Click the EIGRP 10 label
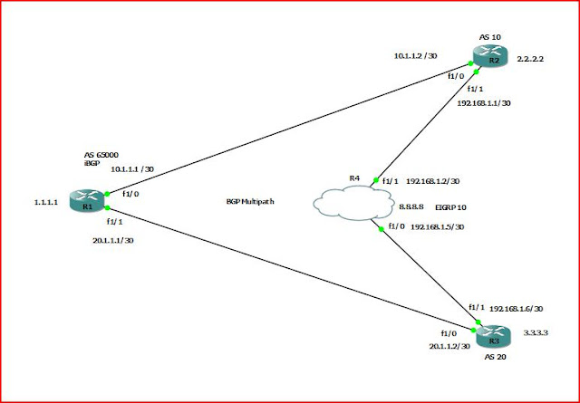click(x=450, y=207)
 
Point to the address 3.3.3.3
click(x=536, y=332)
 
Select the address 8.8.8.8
click(x=415, y=207)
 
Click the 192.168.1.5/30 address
click(x=439, y=226)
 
